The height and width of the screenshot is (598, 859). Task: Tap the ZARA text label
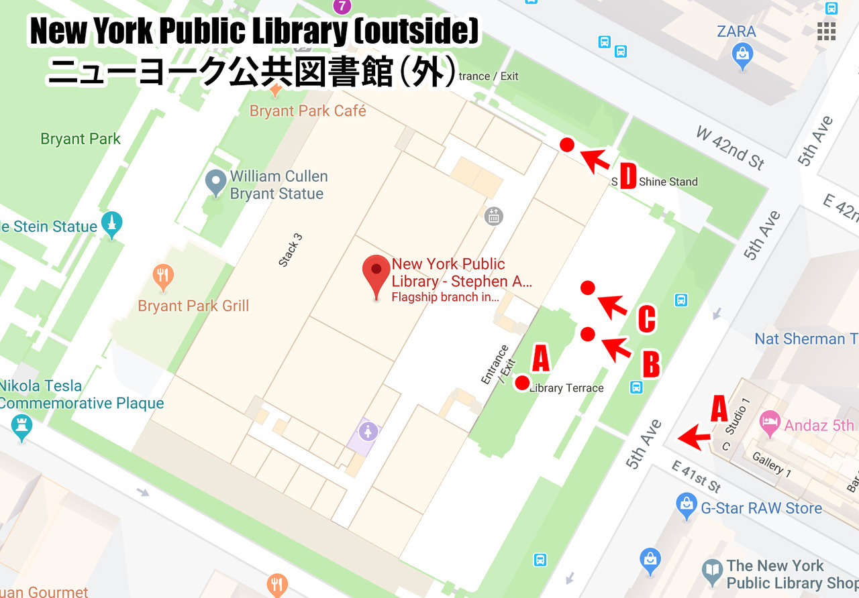[736, 32]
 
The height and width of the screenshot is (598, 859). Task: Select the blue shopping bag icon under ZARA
[742, 56]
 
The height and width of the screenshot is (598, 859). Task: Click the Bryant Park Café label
[308, 111]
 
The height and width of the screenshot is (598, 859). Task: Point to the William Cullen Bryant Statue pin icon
[215, 182]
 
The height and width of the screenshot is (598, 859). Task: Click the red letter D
[627, 177]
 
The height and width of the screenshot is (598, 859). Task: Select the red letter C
[646, 320]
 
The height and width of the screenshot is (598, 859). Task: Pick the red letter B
[650, 365]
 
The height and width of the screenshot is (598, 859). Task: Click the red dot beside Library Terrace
[521, 383]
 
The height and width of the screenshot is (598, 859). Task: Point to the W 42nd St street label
[730, 147]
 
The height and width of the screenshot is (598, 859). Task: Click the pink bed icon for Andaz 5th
[770, 424]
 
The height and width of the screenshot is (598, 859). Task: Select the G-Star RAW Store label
[761, 509]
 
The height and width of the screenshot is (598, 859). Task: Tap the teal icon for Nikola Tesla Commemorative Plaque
[22, 427]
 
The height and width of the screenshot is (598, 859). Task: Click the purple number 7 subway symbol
[343, 7]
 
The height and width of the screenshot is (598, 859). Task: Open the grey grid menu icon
[826, 32]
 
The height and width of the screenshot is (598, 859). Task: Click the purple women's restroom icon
[367, 431]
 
